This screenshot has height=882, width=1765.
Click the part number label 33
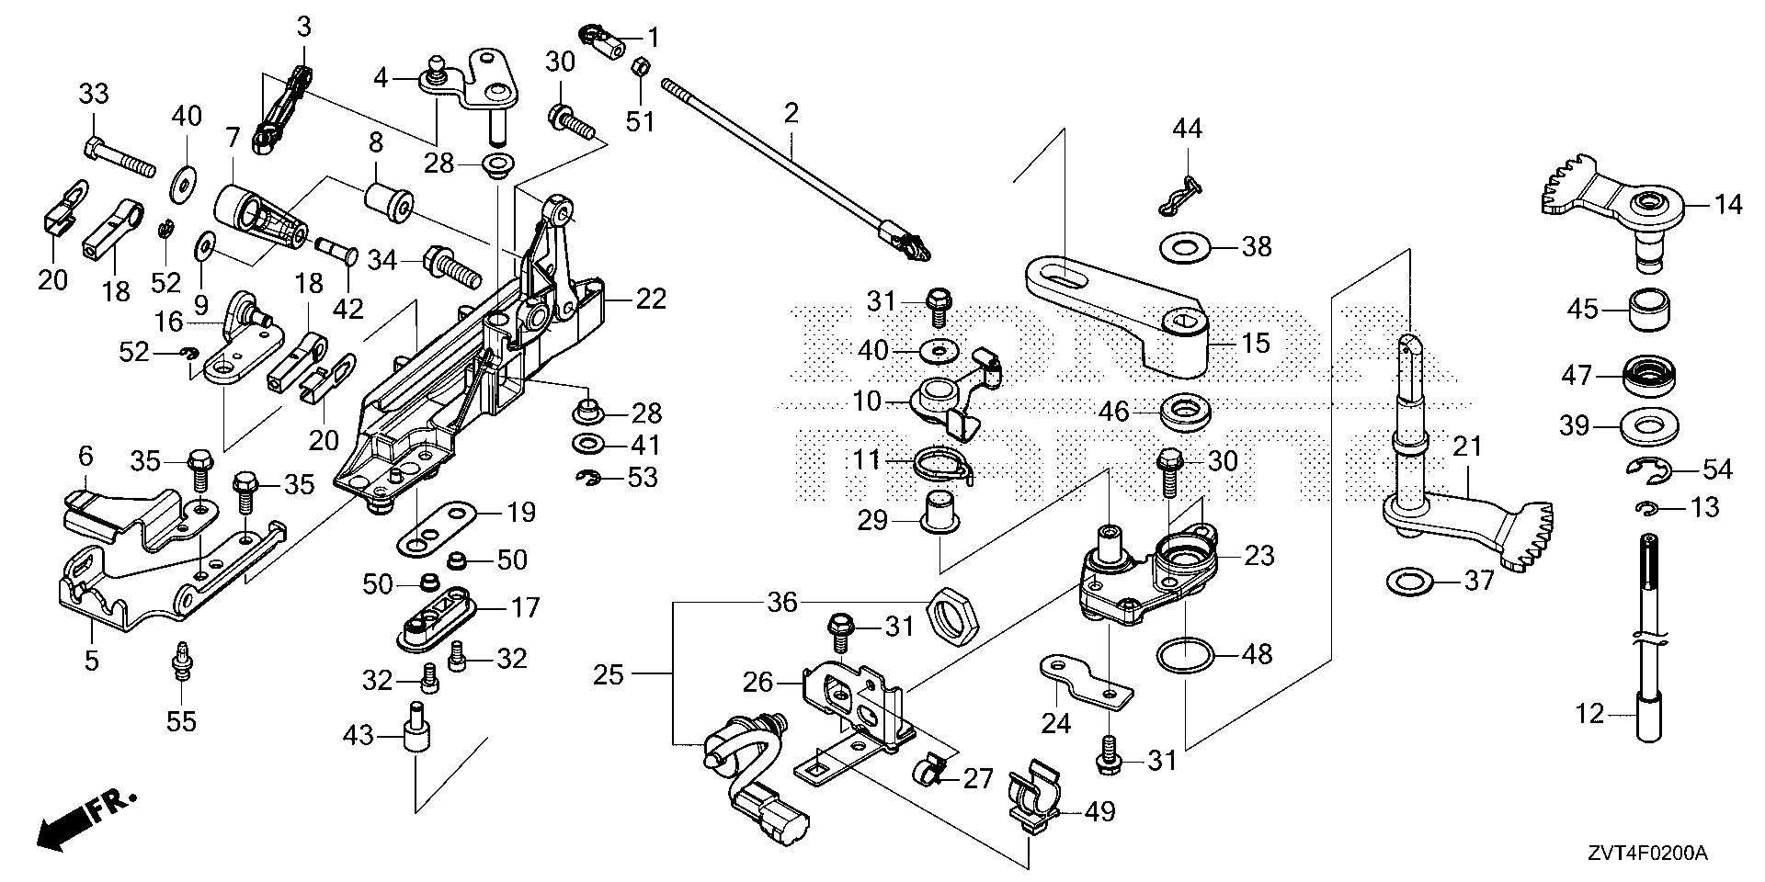[93, 95]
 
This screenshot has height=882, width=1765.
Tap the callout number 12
[1589, 713]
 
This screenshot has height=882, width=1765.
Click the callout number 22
[651, 300]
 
